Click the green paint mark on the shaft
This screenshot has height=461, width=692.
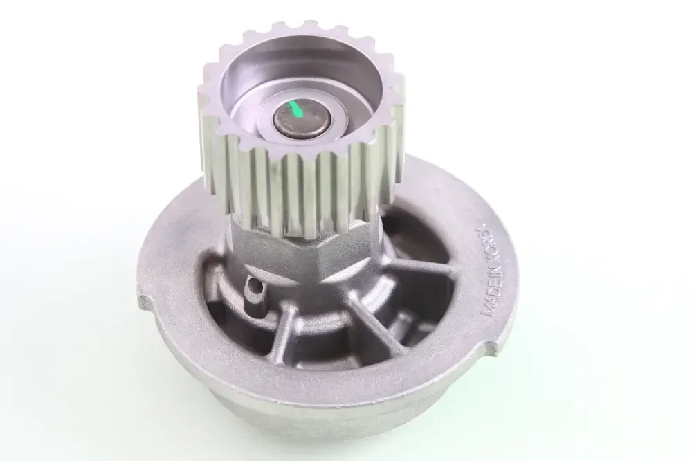coord(293,110)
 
